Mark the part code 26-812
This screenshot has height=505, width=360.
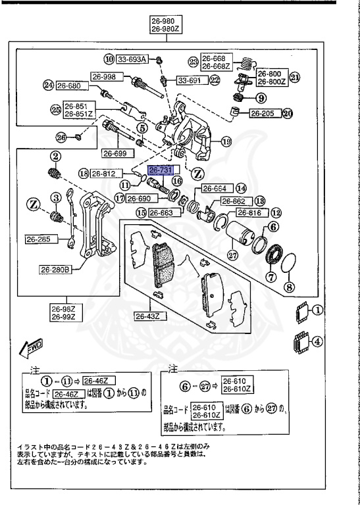click(104, 174)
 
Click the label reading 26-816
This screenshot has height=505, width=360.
click(249, 213)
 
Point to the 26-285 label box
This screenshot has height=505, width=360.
click(39, 239)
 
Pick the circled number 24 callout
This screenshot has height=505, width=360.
click(47, 85)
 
